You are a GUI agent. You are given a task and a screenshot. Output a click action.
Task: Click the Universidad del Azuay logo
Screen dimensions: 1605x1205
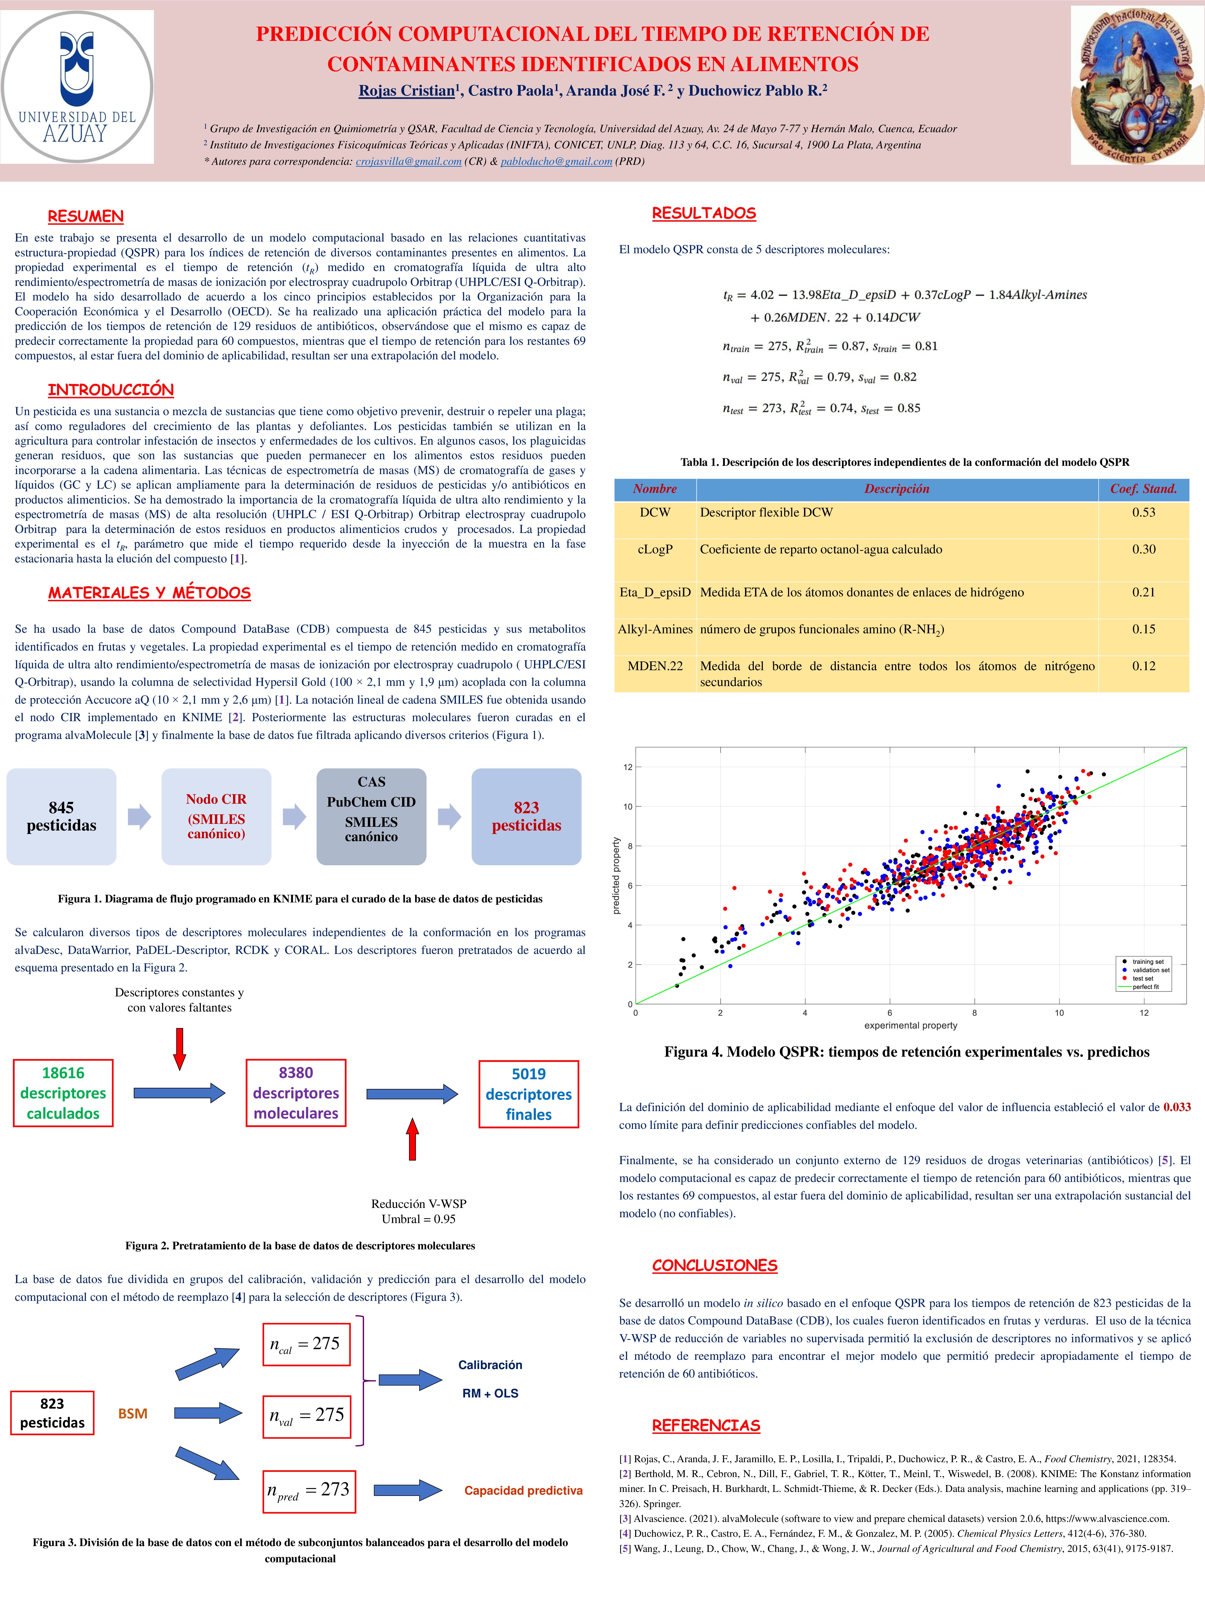pos(77,87)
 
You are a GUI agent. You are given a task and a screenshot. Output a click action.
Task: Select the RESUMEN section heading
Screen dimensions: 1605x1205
pos(86,216)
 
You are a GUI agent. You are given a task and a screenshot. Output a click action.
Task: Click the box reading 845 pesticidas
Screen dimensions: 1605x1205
pos(62,816)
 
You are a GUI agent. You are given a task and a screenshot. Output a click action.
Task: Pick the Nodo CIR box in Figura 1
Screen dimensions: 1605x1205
pos(216,816)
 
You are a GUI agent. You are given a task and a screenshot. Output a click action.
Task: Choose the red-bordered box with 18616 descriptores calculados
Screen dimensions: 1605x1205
pos(63,1093)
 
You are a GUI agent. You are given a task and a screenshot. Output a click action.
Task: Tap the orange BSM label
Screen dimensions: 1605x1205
pos(133,1413)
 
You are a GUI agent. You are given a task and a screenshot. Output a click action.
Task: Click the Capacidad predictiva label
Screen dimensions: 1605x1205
pos(523,1490)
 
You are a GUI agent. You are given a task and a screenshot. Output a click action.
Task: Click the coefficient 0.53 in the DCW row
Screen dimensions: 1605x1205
pos(1143,512)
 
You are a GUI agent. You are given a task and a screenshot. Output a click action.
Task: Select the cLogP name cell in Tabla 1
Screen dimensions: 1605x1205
pos(655,549)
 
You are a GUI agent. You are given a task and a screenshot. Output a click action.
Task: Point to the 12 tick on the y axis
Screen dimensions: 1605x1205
pos(627,767)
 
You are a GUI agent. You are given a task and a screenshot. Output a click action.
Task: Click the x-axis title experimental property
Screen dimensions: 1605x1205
pos(910,1025)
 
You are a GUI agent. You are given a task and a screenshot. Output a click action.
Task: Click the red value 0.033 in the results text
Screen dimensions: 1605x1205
pos(1177,1107)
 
